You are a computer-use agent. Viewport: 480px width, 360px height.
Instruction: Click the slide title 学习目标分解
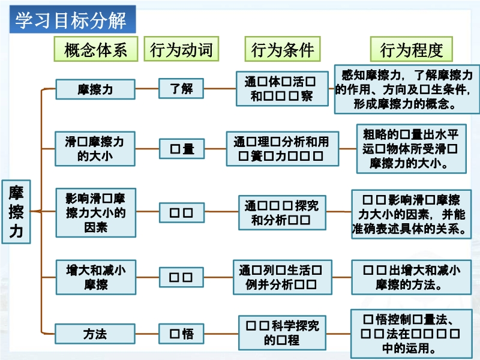71,21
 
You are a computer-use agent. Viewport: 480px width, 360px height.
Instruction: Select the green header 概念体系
96,49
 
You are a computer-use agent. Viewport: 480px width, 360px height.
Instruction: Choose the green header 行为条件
283,49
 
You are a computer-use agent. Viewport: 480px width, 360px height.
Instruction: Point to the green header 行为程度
411,49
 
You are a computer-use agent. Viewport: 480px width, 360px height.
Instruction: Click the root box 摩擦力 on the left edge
16,211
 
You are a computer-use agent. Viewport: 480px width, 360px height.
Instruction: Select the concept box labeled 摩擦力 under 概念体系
95,89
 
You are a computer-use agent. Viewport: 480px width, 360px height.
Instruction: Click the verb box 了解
181,89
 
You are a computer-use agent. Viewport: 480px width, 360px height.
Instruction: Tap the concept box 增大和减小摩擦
95,277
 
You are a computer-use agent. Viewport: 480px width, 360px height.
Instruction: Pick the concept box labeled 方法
95,333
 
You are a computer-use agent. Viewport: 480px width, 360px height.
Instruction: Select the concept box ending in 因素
95,212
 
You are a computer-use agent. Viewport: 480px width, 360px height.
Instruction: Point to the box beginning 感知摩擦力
407,89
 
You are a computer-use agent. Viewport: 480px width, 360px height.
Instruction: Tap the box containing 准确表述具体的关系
411,214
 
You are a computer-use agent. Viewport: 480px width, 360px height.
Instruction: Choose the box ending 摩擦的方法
410,277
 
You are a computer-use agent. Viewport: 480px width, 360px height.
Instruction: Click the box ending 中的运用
410,334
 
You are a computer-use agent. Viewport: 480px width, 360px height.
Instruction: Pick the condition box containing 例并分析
283,277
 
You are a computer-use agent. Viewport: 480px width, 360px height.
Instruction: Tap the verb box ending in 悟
181,333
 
